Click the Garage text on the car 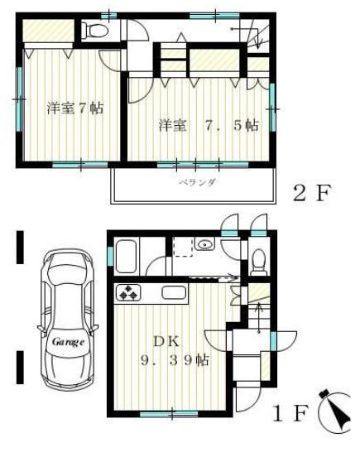coord(68,342)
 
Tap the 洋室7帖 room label coord(75,108)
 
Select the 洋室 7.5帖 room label coord(209,125)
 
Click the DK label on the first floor coord(166,342)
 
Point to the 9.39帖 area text coord(175,360)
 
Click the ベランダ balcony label coord(198,182)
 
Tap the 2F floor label coord(312,193)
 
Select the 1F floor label coord(290,413)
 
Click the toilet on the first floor coord(259,262)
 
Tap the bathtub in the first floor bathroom coord(126,257)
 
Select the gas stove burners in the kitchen coord(129,292)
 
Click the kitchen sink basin coord(174,293)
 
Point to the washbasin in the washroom coord(204,244)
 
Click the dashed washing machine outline coord(183,247)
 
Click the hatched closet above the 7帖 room coord(48,31)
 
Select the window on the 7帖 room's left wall coord(19,99)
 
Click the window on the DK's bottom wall coord(169,414)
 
